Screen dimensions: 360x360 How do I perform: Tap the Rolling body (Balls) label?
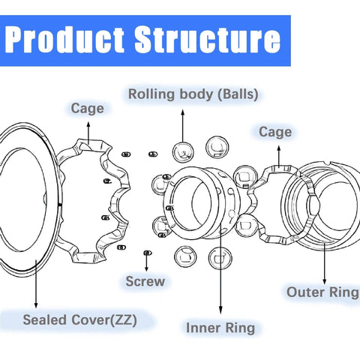tap(193, 95)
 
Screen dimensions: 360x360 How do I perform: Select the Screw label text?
tap(145, 282)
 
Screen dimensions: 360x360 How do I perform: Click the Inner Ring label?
tap(220, 328)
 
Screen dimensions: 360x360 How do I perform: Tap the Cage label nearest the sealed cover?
tap(87, 109)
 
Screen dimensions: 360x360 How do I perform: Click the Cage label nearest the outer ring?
tap(274, 132)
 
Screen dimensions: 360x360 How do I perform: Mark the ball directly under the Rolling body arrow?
tap(182, 151)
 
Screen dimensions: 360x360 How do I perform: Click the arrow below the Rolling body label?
tap(182, 124)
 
